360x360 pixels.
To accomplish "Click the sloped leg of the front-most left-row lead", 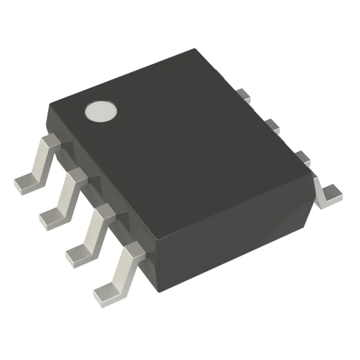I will click(x=120, y=270).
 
